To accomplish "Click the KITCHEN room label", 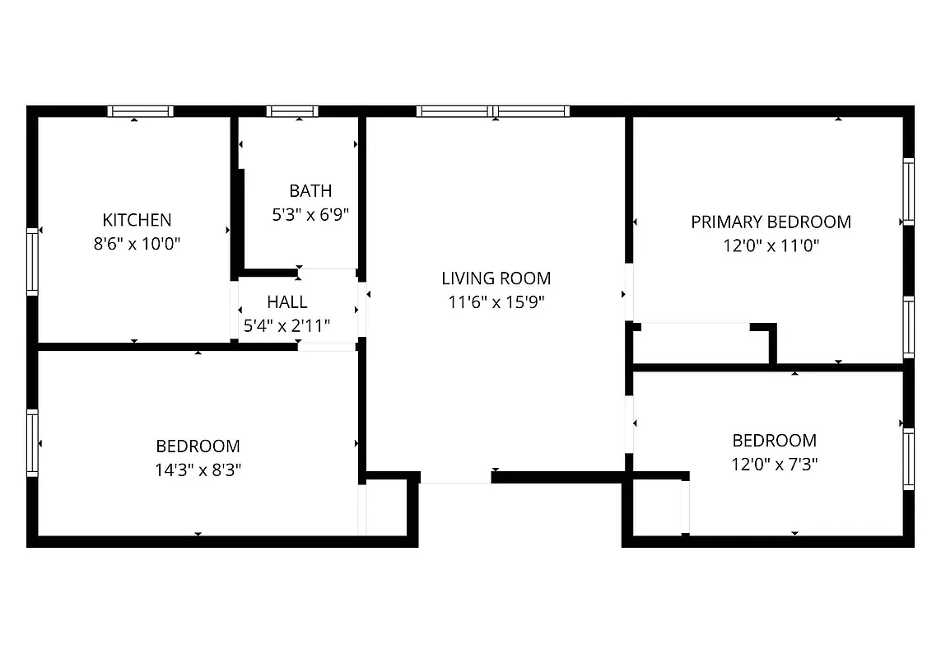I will tap(137, 220).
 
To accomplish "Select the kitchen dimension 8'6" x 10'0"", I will tap(137, 244).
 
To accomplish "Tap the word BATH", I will tap(310, 191).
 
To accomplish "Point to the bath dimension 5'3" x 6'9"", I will tap(310, 215).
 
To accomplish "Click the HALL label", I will tap(286, 302).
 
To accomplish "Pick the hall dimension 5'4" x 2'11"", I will tap(286, 326).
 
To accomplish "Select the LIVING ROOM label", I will tap(496, 278).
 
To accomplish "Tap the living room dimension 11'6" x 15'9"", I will tap(496, 302).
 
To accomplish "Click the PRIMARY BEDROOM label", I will tap(771, 222).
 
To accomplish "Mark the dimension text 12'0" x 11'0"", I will tap(771, 245).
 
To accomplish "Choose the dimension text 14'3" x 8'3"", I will tap(198, 470).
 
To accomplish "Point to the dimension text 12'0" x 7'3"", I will tap(774, 465).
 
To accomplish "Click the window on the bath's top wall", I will tap(292, 111).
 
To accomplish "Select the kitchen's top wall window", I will tap(140, 111).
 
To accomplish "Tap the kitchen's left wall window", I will tap(32, 262).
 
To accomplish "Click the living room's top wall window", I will tap(492, 111).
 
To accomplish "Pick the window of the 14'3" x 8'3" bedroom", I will tap(32, 442).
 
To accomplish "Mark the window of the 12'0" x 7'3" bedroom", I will tap(909, 459).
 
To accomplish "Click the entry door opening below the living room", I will tap(455, 478).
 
